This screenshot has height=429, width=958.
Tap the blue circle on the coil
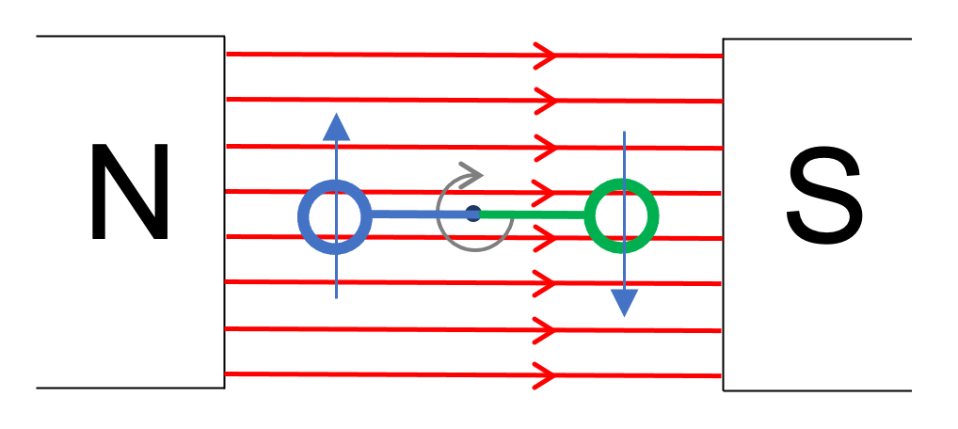coord(335,215)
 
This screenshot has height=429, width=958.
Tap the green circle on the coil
coord(621,216)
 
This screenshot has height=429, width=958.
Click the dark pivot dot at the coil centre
coord(473,214)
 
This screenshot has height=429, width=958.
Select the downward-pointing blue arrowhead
coord(624,302)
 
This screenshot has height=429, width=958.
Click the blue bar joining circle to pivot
coord(419,214)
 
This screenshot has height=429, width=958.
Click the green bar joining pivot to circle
coord(532,215)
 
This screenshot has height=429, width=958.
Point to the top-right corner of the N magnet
coord(225,37)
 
